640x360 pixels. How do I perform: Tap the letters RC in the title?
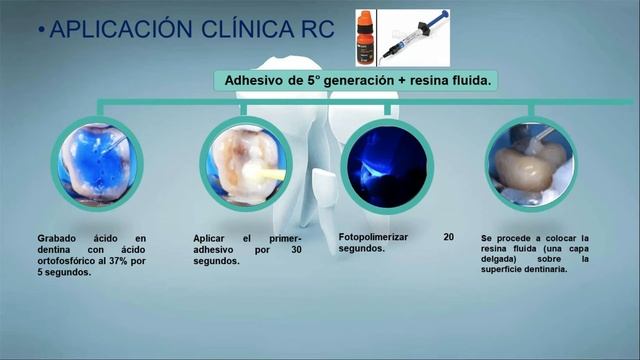pos(316,29)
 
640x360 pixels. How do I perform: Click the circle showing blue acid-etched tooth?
pos(97,163)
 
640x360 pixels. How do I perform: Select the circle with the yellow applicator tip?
pos(244,163)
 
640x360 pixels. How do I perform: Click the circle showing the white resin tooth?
pos(531,163)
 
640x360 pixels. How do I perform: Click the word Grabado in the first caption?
pos(58,238)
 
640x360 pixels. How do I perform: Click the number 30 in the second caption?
pos(296,249)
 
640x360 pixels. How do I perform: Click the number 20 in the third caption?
pos(448,237)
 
